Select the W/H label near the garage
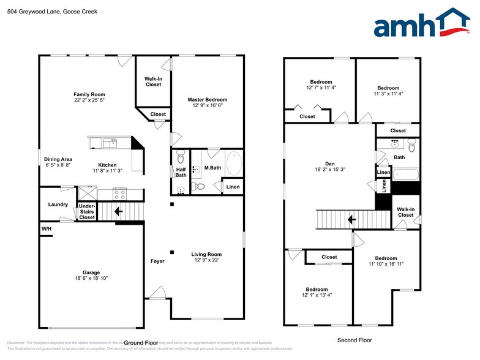(x=47, y=229)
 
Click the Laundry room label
(x=58, y=204)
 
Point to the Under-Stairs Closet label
(x=87, y=211)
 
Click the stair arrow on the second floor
(x=351, y=219)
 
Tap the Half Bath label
(x=181, y=173)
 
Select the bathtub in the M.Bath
(x=234, y=163)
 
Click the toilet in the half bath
(x=180, y=157)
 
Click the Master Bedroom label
(x=207, y=100)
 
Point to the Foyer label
(x=157, y=261)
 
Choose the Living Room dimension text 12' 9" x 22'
(x=206, y=260)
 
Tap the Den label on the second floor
(x=330, y=163)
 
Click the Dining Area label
(x=58, y=160)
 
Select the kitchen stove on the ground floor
(x=120, y=194)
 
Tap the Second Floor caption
(x=354, y=340)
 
